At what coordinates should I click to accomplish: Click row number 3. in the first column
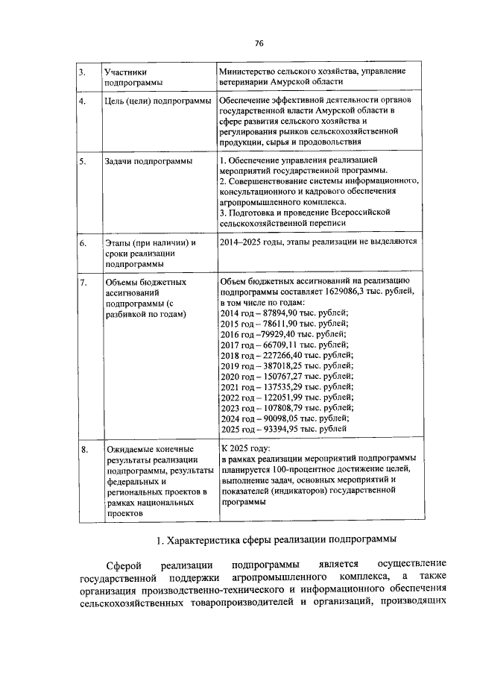83,71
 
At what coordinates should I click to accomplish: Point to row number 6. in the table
83,243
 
